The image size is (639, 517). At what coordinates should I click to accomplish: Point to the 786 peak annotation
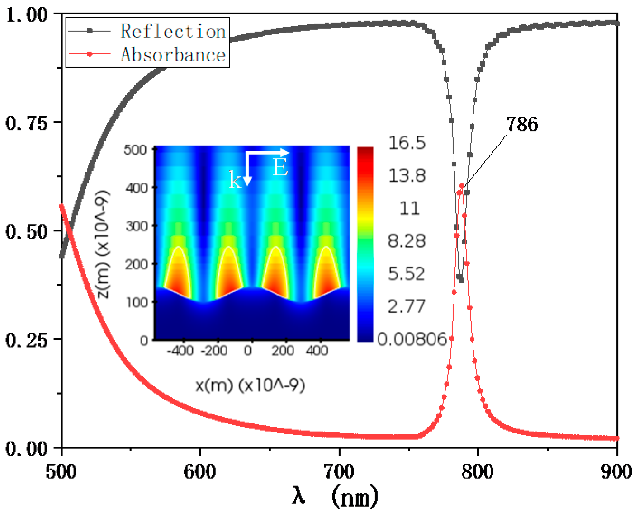(x=522, y=124)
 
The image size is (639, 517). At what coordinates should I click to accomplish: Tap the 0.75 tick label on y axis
(x=27, y=122)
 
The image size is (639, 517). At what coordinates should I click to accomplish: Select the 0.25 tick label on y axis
(x=27, y=340)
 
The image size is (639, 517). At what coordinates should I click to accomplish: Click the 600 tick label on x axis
(x=199, y=471)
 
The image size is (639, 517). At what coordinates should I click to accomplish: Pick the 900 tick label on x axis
(x=616, y=471)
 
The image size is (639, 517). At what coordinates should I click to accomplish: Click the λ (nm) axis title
(x=335, y=496)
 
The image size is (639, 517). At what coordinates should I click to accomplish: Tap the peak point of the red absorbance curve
(x=462, y=186)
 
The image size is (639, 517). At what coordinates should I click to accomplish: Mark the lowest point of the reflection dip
(x=462, y=280)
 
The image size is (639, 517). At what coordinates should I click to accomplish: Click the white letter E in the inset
(x=280, y=168)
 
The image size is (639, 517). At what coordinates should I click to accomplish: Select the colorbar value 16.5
(x=407, y=143)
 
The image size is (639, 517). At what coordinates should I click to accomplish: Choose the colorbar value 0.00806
(x=412, y=338)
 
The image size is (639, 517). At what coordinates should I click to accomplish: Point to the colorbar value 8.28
(x=407, y=241)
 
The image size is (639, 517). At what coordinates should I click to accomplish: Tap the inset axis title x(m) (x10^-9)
(x=250, y=385)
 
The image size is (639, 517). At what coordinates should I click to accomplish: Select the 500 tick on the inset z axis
(x=135, y=150)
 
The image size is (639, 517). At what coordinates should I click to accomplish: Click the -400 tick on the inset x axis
(x=180, y=350)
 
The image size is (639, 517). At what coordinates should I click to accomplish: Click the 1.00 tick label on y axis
(x=27, y=14)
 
